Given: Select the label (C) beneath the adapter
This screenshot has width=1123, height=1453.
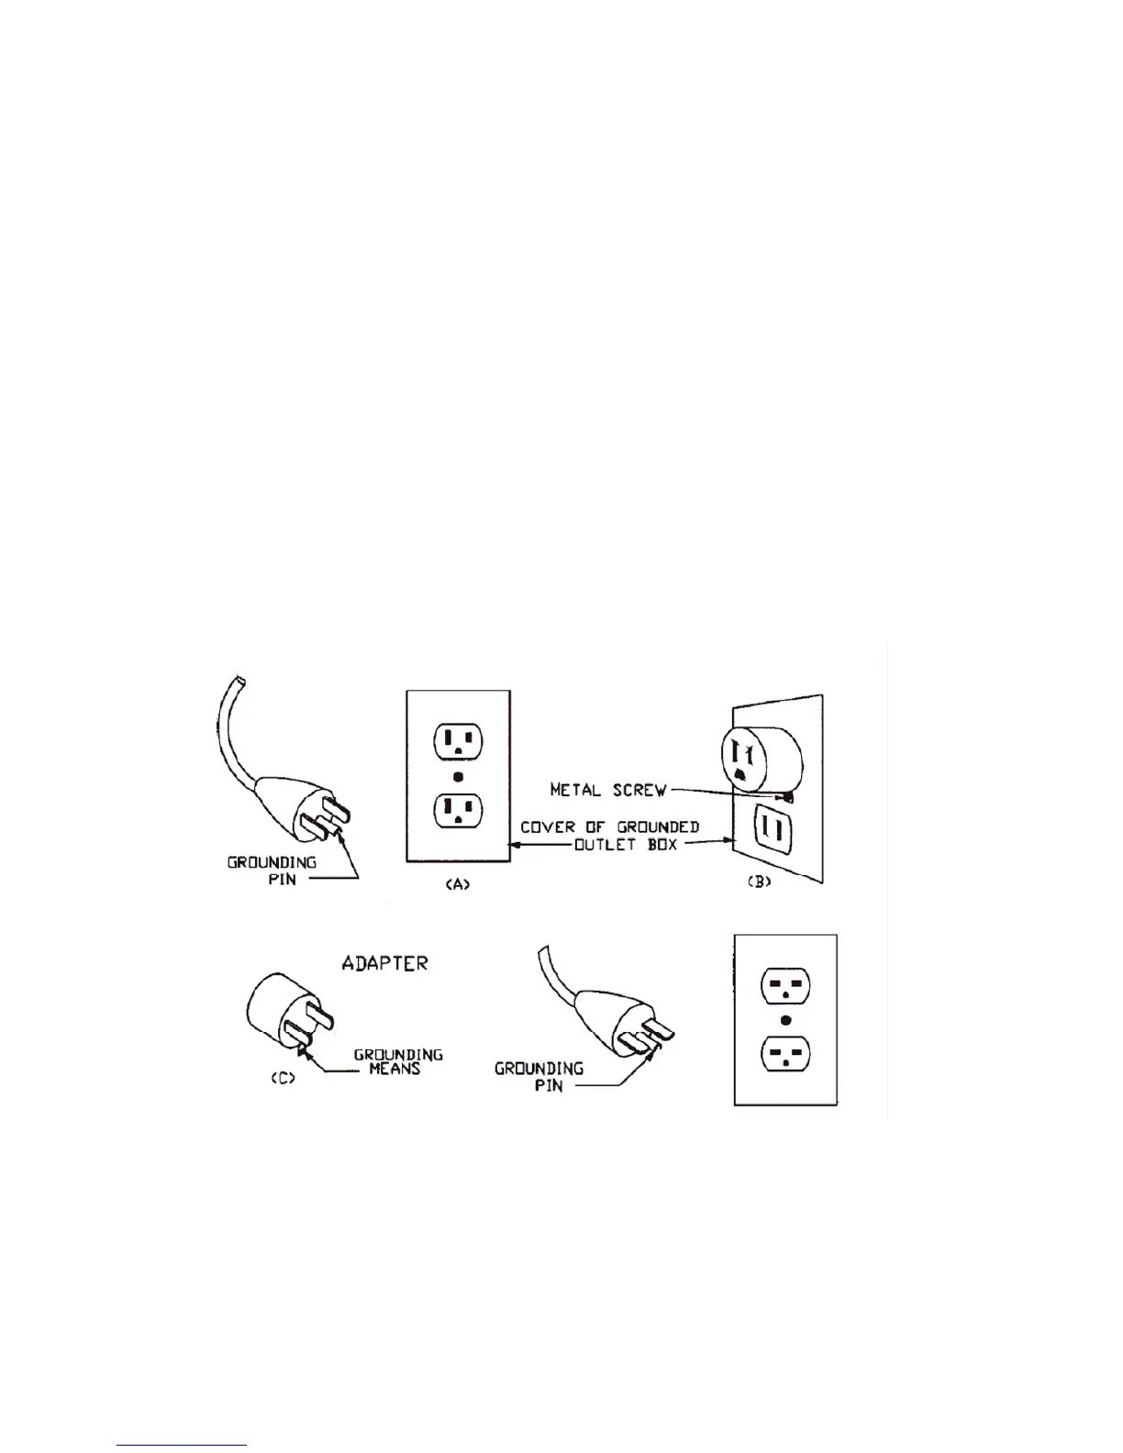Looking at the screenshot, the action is (282, 1079).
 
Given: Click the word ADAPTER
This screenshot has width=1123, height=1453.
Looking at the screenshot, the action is (384, 963).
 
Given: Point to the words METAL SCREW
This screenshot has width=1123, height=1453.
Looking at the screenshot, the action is (607, 790).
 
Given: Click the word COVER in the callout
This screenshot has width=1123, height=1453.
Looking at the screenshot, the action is (548, 827).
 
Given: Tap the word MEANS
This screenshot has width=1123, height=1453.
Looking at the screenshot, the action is (394, 1070).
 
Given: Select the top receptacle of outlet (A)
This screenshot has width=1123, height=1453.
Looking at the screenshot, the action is (459, 740).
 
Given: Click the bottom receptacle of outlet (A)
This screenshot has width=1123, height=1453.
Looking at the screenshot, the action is (459, 809).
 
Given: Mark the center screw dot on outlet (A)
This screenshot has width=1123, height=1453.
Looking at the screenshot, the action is (459, 775).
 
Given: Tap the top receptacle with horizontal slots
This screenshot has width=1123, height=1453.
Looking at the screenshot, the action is (786, 987).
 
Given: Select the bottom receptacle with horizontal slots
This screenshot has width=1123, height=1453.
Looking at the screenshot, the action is (786, 1052).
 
